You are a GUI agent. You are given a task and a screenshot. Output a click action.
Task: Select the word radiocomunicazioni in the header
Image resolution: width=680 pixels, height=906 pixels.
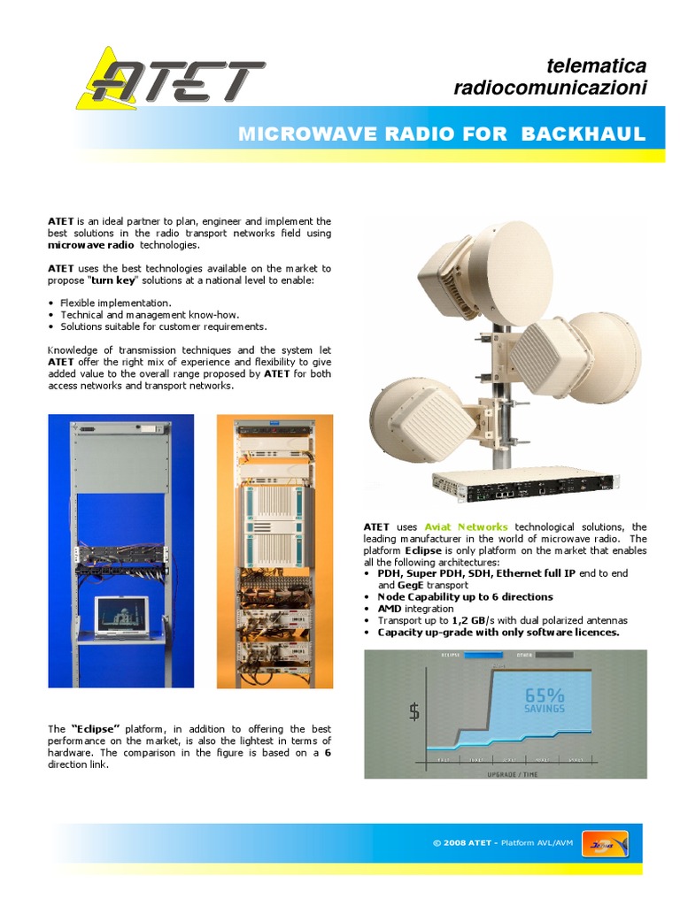click(550, 88)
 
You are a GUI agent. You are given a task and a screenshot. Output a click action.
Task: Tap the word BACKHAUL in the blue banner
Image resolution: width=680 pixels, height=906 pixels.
click(583, 134)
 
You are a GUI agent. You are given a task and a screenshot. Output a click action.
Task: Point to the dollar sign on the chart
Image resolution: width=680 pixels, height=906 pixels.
click(413, 710)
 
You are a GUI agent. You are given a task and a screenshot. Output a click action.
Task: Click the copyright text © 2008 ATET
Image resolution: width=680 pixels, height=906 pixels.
click(464, 842)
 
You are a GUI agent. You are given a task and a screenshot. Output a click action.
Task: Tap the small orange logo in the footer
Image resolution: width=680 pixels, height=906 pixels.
click(606, 843)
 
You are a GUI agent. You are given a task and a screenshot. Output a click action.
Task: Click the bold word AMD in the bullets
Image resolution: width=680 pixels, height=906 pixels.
click(390, 609)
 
